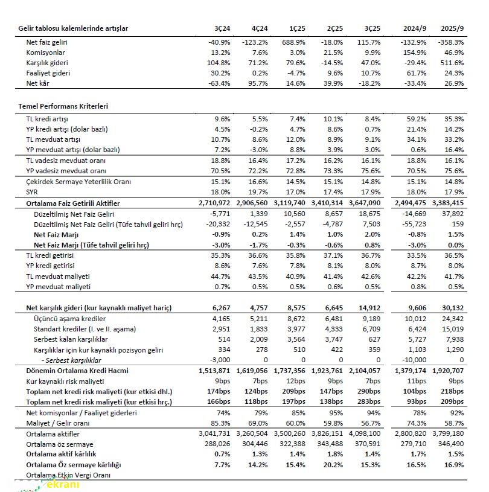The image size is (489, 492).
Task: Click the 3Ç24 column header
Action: tap(222, 28)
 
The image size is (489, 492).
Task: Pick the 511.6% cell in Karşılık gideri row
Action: tap(452, 63)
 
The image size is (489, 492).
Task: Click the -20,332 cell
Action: tap(219, 225)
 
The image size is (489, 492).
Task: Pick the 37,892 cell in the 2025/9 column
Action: tap(453, 214)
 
